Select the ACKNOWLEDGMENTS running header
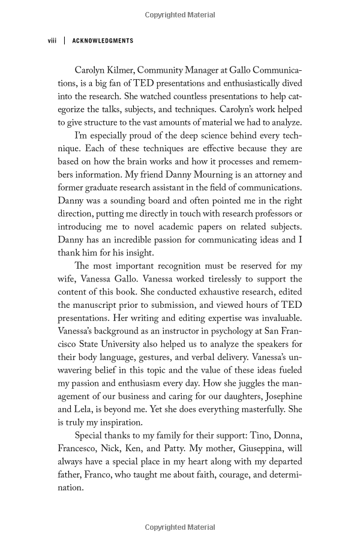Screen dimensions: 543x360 [x=103, y=41]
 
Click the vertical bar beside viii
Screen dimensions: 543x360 [x=64, y=41]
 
